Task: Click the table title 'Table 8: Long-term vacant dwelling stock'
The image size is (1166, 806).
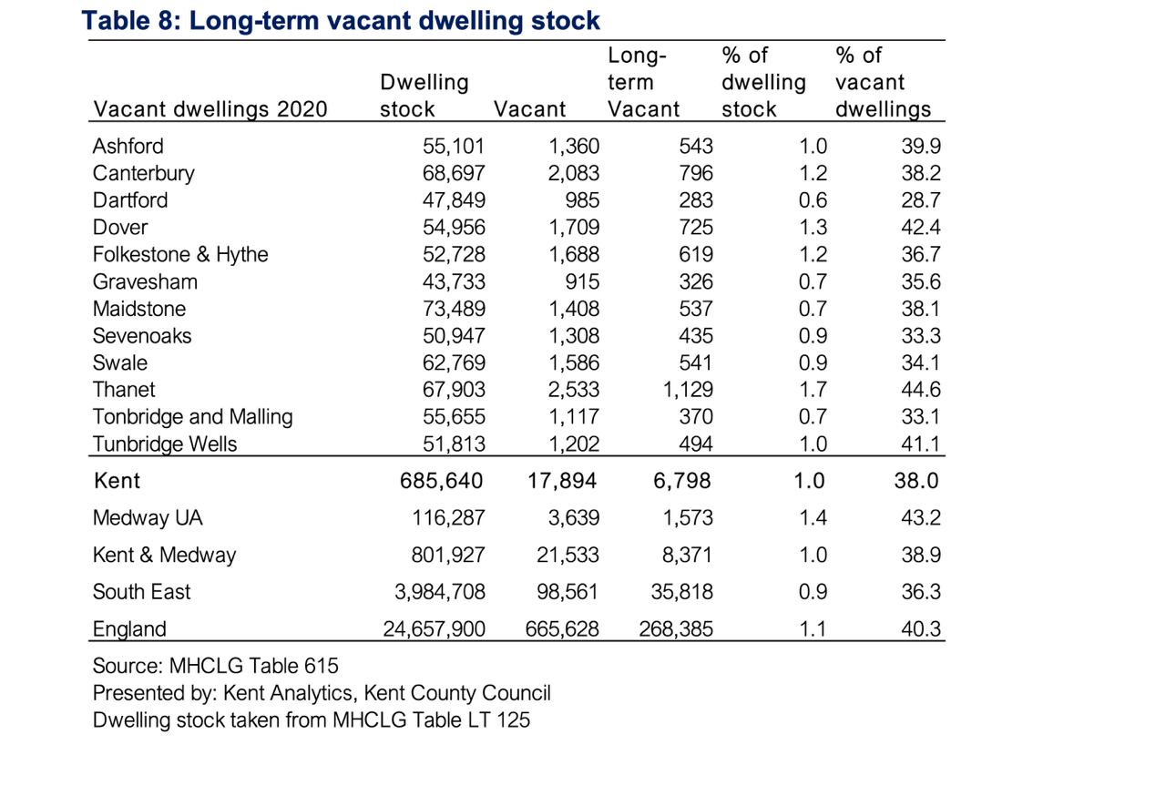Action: tap(341, 21)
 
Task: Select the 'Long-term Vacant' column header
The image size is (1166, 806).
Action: tap(643, 82)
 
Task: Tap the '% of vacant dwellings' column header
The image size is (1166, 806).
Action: tap(883, 82)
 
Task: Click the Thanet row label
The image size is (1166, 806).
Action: tap(124, 390)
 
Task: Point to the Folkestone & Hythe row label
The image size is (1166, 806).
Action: tap(180, 254)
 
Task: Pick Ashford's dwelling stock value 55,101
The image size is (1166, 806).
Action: tap(454, 147)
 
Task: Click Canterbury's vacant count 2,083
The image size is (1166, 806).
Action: tap(573, 173)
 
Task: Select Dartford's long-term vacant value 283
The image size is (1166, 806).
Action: tap(696, 200)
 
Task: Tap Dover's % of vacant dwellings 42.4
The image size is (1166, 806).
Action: tap(921, 228)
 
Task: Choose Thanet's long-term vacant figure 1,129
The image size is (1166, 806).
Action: tap(688, 390)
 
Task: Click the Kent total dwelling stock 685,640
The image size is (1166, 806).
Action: tap(442, 481)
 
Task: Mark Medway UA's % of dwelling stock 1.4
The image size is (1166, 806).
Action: tap(813, 517)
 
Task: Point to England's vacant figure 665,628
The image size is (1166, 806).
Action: tap(562, 629)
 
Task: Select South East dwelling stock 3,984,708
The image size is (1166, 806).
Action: tap(440, 592)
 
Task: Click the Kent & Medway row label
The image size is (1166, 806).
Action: tap(165, 556)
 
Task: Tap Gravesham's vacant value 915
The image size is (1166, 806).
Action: tap(582, 282)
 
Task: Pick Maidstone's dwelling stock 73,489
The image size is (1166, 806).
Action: tap(454, 309)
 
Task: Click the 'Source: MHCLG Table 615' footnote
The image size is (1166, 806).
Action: tap(216, 666)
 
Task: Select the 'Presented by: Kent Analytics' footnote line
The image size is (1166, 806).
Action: tap(322, 693)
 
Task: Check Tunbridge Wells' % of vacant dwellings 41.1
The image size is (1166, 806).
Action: tap(921, 444)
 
